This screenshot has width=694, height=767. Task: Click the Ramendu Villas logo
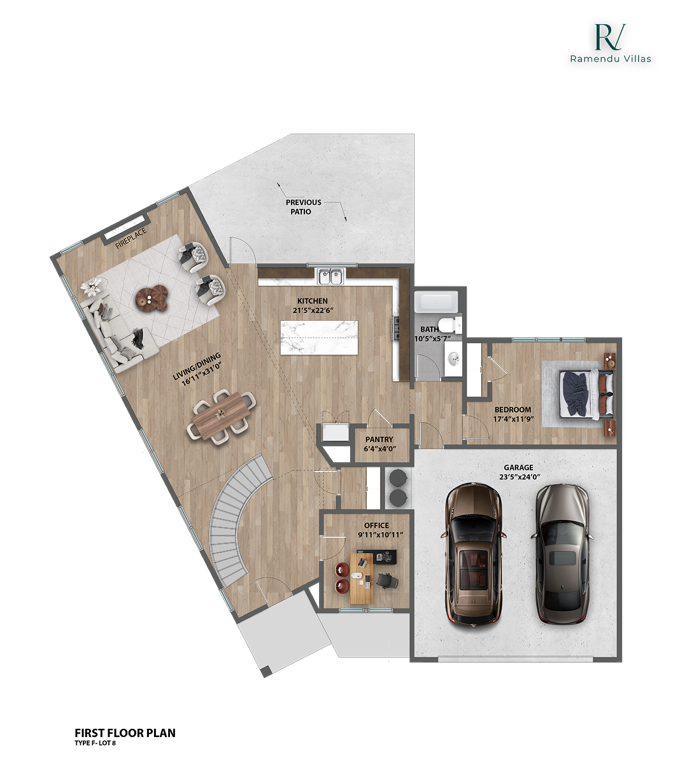610,43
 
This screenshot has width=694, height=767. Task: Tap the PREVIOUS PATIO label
303,207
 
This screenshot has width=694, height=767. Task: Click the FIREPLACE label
131,237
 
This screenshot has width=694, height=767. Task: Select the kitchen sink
330,276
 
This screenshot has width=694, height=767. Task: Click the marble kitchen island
319,337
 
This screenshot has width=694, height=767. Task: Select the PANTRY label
379,439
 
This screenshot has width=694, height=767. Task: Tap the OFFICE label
376,526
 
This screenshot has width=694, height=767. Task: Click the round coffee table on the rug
152,297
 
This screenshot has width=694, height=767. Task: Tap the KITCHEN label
313,301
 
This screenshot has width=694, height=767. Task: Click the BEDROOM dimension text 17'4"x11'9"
513,419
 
